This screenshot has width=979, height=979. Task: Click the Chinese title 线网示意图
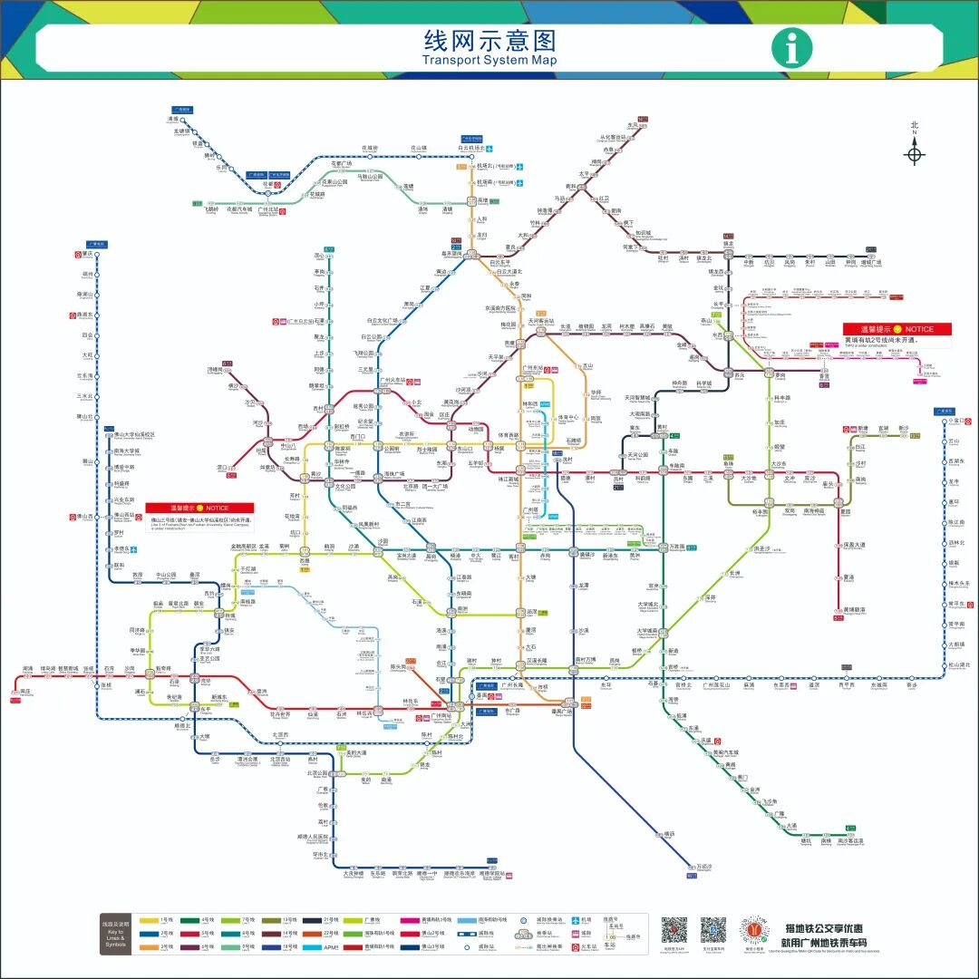(x=489, y=41)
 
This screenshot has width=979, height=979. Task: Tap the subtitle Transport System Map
(x=489, y=61)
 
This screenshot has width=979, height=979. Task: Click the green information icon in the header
(x=791, y=48)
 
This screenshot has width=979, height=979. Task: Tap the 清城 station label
(x=173, y=119)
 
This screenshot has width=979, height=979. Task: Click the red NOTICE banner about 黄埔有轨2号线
(x=897, y=329)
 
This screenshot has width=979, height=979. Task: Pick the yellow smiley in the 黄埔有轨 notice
(x=897, y=329)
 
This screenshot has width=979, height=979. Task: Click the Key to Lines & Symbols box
(x=116, y=934)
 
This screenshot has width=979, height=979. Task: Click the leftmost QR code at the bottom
(x=674, y=930)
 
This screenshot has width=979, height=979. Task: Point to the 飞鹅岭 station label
(x=210, y=209)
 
